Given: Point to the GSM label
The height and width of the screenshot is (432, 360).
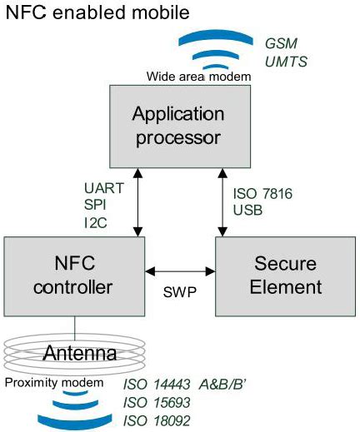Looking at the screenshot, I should pyautogui.click(x=282, y=42).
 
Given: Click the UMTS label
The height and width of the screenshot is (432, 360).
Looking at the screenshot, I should pyautogui.click(x=286, y=61).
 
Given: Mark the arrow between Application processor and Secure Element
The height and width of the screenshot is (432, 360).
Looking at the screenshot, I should pyautogui.click(x=222, y=200).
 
